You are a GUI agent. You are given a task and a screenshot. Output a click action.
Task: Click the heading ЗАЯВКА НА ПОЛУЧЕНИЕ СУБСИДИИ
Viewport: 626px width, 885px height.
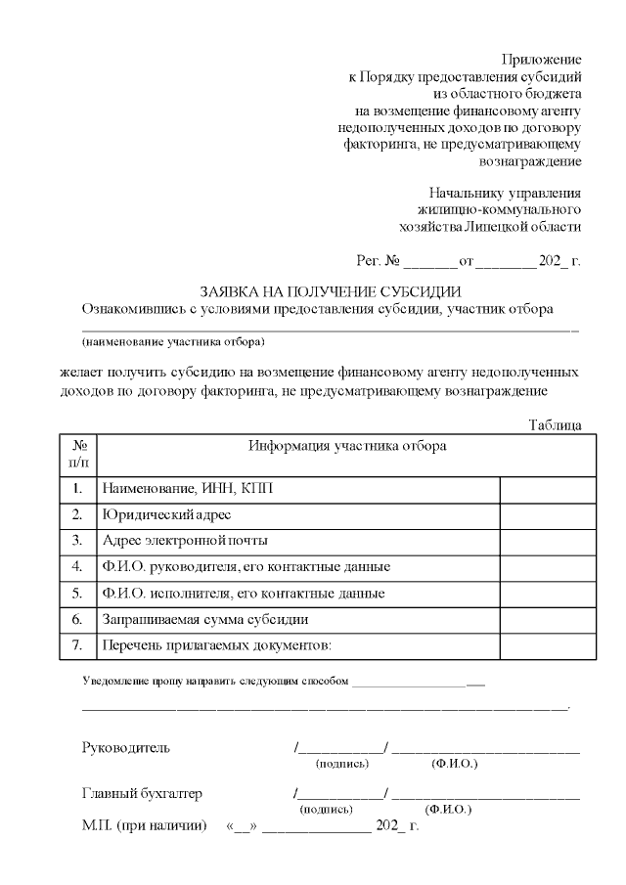(331, 291)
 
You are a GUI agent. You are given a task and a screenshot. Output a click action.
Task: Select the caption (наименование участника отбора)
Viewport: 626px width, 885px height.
(173, 342)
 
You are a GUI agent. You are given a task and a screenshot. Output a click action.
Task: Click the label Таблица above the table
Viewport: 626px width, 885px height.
(555, 424)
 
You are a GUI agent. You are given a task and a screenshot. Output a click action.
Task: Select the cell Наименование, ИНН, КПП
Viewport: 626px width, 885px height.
(195, 487)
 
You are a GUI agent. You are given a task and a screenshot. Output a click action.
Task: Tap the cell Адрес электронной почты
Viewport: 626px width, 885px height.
(185, 540)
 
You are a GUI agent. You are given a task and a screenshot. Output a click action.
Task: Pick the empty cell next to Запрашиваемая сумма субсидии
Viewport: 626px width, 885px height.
(548, 620)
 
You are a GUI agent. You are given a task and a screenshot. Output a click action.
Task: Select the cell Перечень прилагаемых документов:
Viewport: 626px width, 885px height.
(217, 646)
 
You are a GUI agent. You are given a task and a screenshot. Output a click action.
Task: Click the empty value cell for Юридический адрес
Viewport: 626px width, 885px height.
(548, 513)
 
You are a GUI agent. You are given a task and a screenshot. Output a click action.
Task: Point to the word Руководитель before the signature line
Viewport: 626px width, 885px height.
(125, 748)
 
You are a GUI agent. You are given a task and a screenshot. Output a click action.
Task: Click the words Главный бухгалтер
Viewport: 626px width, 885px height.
(142, 794)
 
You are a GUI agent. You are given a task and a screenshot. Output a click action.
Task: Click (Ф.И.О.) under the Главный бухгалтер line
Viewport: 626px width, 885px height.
(449, 810)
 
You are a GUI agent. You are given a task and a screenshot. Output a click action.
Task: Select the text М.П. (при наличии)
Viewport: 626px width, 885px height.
(144, 827)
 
